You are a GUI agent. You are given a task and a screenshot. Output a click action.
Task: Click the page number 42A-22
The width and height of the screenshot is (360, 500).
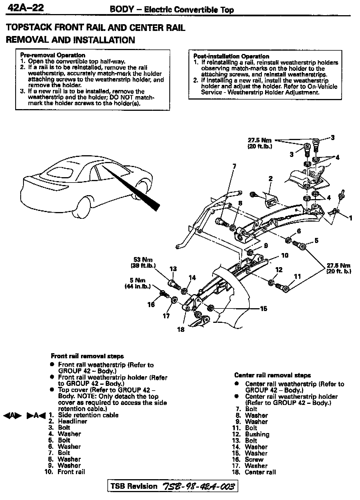click(26, 8)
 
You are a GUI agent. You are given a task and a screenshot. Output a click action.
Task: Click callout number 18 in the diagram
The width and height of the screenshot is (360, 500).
click(181, 329)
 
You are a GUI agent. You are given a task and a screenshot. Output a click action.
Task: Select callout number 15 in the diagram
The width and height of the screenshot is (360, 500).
click(263, 309)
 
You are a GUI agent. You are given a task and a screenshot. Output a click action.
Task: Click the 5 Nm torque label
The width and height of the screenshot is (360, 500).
click(138, 283)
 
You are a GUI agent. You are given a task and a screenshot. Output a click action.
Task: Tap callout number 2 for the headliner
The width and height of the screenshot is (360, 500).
click(271, 178)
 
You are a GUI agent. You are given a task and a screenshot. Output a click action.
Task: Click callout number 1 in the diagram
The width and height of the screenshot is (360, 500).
click(350, 217)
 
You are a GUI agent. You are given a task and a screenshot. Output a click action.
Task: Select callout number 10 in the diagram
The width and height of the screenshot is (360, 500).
click(285, 255)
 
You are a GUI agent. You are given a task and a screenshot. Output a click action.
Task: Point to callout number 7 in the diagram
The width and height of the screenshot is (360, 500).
click(234, 166)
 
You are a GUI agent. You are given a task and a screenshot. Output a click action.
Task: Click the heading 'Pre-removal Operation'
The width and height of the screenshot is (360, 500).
click(53, 55)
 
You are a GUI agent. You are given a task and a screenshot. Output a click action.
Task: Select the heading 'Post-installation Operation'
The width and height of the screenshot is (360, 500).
click(231, 56)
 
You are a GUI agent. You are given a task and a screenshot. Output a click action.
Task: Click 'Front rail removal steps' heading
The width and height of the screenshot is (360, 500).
click(87, 356)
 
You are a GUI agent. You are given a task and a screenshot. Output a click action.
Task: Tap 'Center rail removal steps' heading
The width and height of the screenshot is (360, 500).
click(272, 375)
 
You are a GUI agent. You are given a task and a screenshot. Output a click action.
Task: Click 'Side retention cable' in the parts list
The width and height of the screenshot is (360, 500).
click(88, 415)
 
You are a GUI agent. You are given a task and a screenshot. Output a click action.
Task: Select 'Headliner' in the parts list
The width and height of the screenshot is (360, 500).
click(72, 421)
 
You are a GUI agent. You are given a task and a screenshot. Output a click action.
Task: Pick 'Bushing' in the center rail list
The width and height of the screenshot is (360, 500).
click(257, 434)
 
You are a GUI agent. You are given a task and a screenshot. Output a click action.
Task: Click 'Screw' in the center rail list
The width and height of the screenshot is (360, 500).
click(254, 460)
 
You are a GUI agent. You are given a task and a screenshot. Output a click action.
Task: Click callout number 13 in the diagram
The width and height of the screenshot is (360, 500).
click(173, 269)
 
